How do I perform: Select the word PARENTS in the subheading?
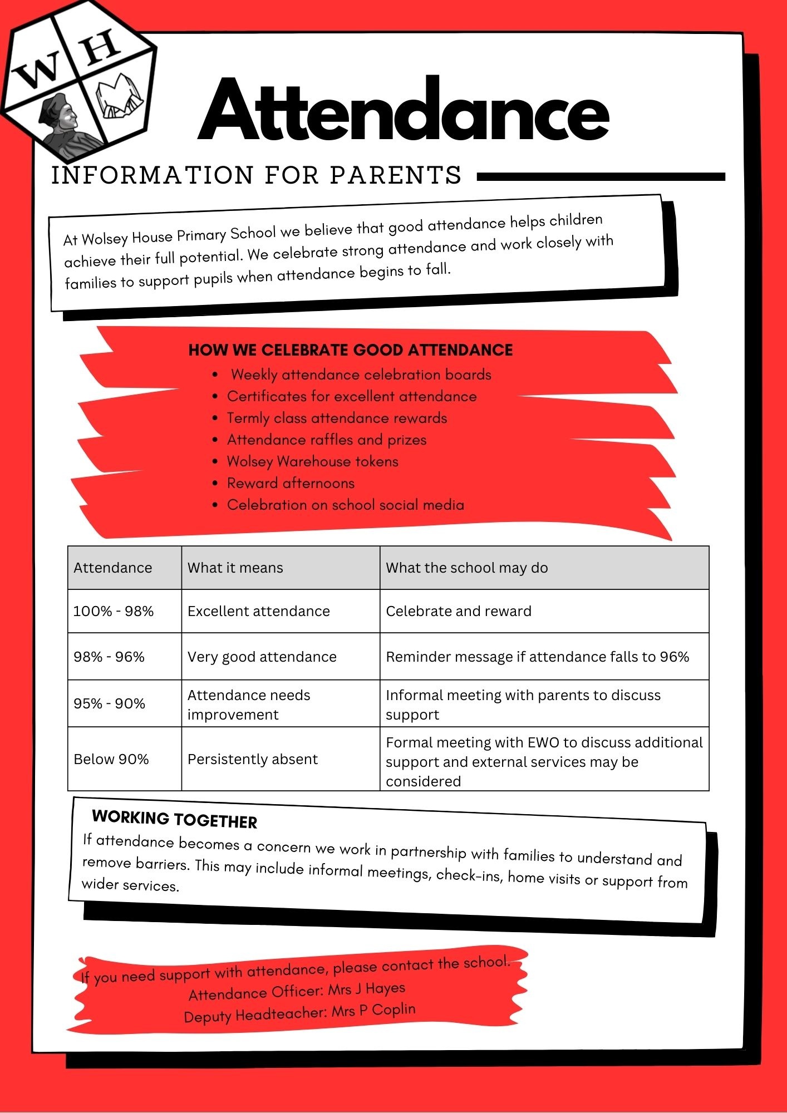(396, 175)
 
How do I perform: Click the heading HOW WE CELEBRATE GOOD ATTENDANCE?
(351, 350)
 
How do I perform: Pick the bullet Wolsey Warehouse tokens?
(312, 461)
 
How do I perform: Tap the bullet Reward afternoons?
(291, 483)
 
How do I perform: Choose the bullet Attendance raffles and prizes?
(327, 440)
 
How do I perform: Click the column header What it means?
(235, 568)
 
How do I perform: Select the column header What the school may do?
(467, 568)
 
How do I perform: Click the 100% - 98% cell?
(114, 611)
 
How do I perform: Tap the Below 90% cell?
(111, 759)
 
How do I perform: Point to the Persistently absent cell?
(253, 759)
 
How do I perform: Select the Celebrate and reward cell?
(459, 611)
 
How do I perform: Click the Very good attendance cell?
(262, 657)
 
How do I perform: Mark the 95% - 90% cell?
(110, 703)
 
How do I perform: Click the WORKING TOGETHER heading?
(175, 819)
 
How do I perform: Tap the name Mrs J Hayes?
(367, 989)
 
